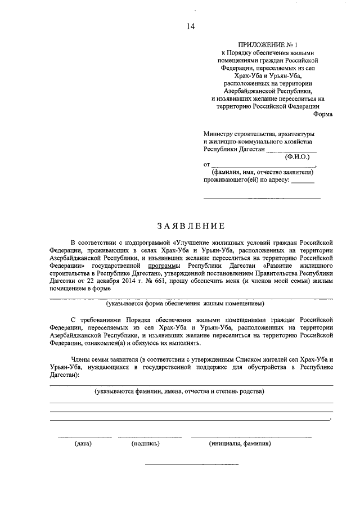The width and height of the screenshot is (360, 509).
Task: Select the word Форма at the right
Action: point(323,114)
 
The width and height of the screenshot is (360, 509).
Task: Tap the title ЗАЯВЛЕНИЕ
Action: point(191,227)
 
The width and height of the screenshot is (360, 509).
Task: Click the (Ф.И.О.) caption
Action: point(298,157)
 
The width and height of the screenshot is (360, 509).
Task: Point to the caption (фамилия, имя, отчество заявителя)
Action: point(262,173)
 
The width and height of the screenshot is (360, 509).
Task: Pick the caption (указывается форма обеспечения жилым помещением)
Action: point(185,304)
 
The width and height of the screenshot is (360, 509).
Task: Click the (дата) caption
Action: point(83,444)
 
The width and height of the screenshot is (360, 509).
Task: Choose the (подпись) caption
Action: point(146,444)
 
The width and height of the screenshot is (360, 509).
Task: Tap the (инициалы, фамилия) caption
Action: point(240,444)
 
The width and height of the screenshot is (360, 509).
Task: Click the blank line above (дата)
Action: point(84,437)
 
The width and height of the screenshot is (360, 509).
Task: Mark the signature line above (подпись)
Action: point(146,437)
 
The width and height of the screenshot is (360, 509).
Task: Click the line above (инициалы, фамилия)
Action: point(251,437)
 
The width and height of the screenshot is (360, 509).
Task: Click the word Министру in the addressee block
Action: point(219,133)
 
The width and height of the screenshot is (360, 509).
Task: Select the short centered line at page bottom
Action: point(192,465)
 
